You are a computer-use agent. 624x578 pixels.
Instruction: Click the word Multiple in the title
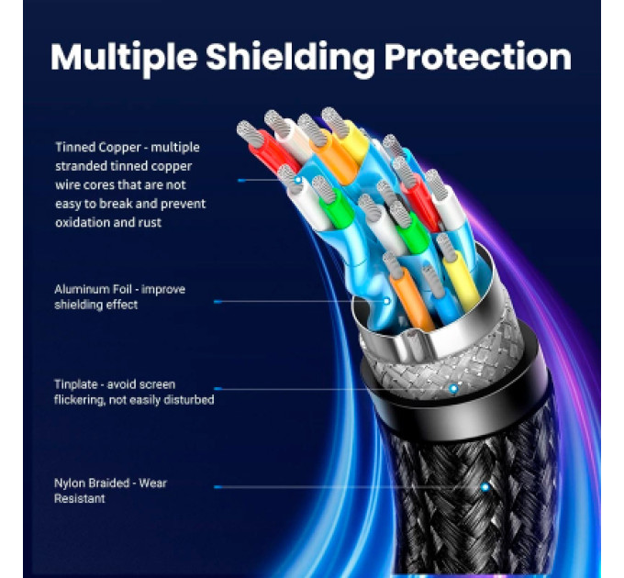coord(124,58)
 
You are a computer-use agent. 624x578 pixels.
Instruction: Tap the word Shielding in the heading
coord(290,58)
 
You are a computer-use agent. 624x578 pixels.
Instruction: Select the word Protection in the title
coord(478,57)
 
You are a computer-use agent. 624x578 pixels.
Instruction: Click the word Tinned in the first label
coord(75,147)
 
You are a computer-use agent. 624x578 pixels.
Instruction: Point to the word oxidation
coord(82,222)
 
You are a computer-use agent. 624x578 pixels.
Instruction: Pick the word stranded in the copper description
coord(81,166)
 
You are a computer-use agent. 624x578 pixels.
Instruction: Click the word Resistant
coord(80,498)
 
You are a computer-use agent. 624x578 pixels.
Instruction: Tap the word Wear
coord(152,483)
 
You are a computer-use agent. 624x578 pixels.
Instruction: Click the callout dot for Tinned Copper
coord(298,180)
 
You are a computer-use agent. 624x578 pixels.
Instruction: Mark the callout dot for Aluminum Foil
coord(386,301)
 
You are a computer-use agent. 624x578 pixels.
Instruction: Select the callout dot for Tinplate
coord(453,389)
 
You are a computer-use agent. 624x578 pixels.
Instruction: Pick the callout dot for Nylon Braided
coord(485,486)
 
